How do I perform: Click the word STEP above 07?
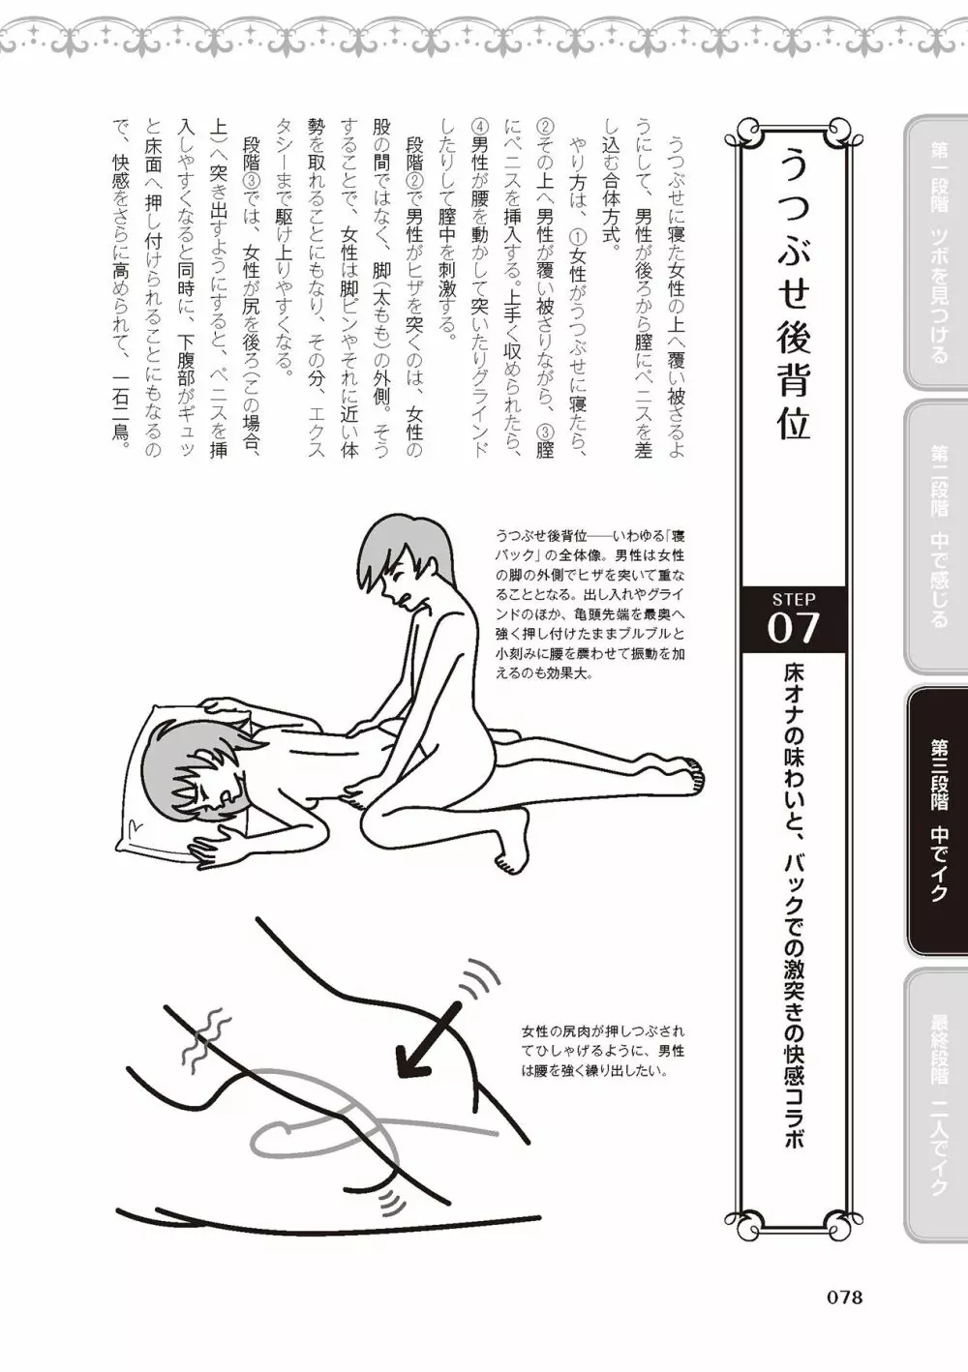[x=794, y=598]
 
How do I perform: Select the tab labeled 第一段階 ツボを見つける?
[x=935, y=253]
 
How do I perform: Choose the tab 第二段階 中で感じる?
[x=935, y=536]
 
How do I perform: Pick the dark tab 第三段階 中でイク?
[x=935, y=820]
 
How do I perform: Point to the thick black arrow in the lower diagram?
[x=429, y=1036]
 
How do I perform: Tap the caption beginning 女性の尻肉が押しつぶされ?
[x=602, y=1052]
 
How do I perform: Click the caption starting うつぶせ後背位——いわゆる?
[x=590, y=605]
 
